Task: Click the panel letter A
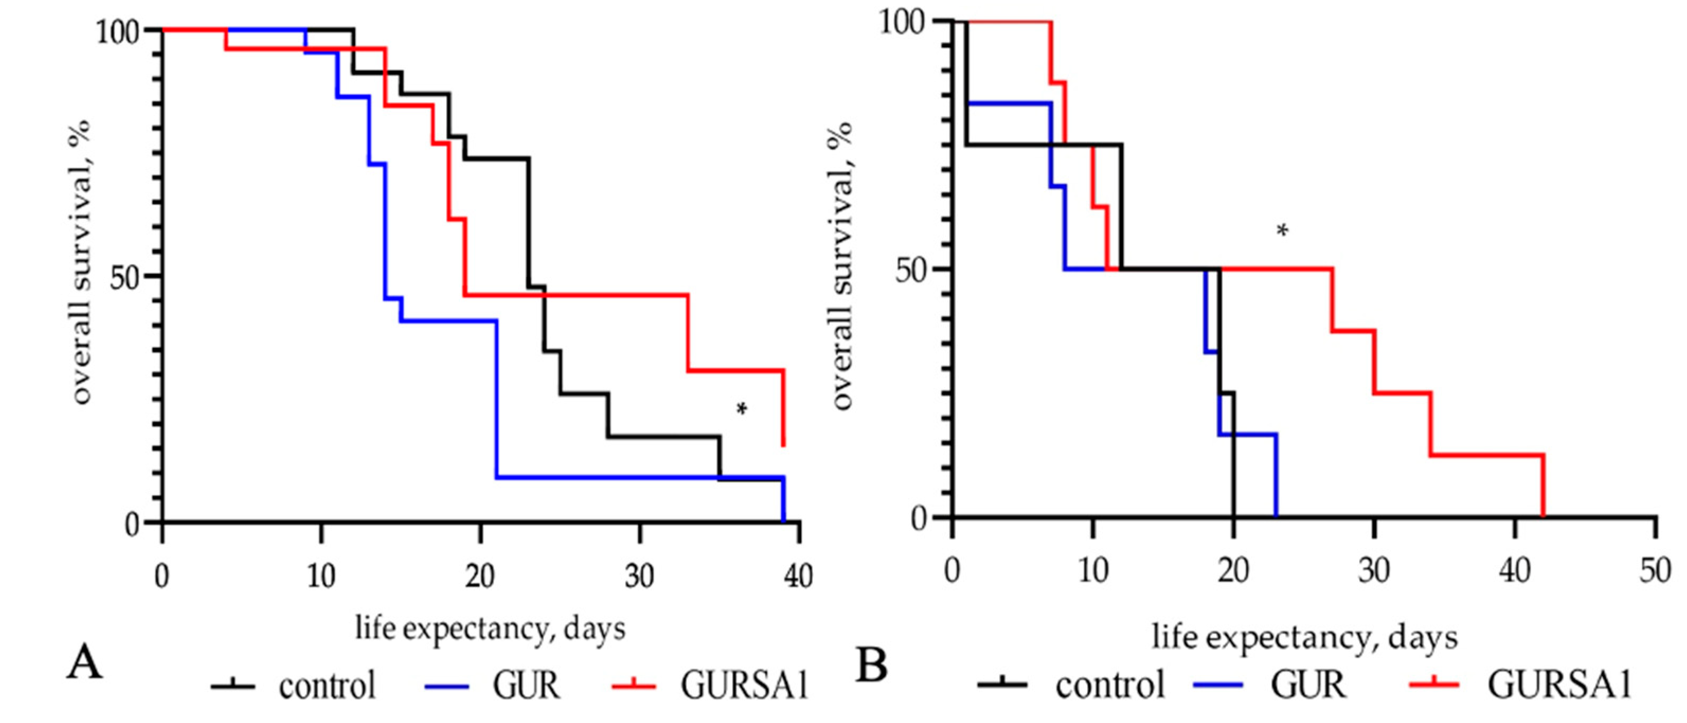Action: coord(85,662)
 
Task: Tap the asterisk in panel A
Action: coord(741,409)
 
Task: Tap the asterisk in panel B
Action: coord(1283,231)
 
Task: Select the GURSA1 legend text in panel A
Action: coord(744,685)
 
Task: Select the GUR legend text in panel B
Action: coord(1308,684)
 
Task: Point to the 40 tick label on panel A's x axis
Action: coord(798,576)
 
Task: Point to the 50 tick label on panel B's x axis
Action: coord(1655,571)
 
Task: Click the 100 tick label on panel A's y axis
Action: coord(119,31)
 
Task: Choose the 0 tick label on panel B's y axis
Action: coord(921,517)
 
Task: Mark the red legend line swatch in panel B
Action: coord(1433,684)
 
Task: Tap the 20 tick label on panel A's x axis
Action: coord(480,576)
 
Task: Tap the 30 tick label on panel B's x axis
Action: coord(1374,571)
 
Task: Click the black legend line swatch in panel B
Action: coord(1002,684)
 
